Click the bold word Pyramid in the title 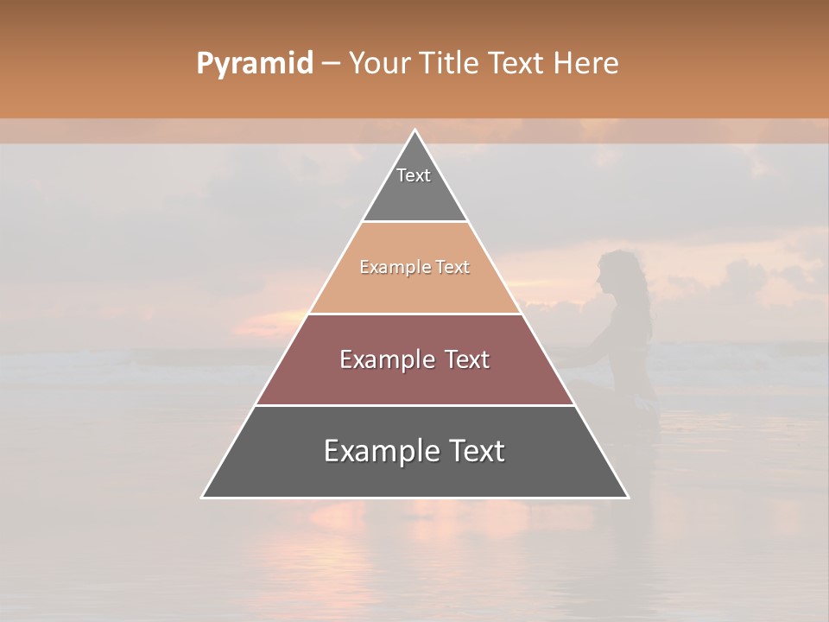[x=255, y=64]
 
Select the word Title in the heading [x=450, y=64]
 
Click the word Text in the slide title [x=516, y=64]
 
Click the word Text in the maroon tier [x=465, y=359]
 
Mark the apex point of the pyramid [x=414, y=130]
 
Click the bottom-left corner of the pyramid [x=203, y=497]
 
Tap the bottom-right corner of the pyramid [x=627, y=497]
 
